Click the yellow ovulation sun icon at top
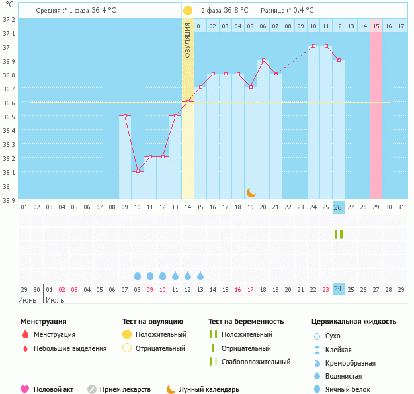coord(188,11)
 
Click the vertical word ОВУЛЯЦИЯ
coord(188,40)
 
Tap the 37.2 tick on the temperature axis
coord(9,20)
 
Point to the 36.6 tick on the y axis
coord(9,103)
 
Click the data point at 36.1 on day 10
coord(138,171)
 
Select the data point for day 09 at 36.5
coord(125,115)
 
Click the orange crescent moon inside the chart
coord(251,192)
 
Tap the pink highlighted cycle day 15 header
coord(376,26)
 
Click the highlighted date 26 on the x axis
coord(338,207)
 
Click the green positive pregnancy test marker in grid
coord(338,234)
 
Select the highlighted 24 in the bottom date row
coord(338,289)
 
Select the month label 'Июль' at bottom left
coord(55,300)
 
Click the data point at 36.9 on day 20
coord(263,60)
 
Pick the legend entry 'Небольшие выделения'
coord(69,348)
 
